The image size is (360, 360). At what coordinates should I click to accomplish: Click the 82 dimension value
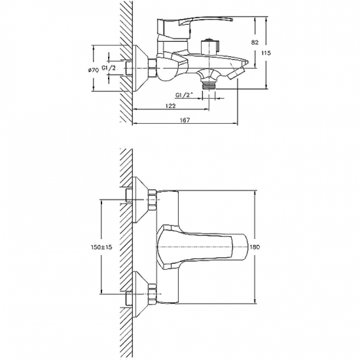pyautogui.click(x=255, y=43)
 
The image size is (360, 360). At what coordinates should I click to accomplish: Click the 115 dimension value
pyautogui.click(x=266, y=53)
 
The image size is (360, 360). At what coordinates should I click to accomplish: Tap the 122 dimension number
pyautogui.click(x=171, y=105)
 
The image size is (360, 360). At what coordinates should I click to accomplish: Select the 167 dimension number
pyautogui.click(x=185, y=120)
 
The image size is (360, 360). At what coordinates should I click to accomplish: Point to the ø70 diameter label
pyautogui.click(x=94, y=70)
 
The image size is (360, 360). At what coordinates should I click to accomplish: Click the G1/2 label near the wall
pyautogui.click(x=109, y=68)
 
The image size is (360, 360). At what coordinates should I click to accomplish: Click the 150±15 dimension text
pyautogui.click(x=101, y=247)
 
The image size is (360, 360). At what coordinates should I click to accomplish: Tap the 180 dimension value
pyautogui.click(x=255, y=247)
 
